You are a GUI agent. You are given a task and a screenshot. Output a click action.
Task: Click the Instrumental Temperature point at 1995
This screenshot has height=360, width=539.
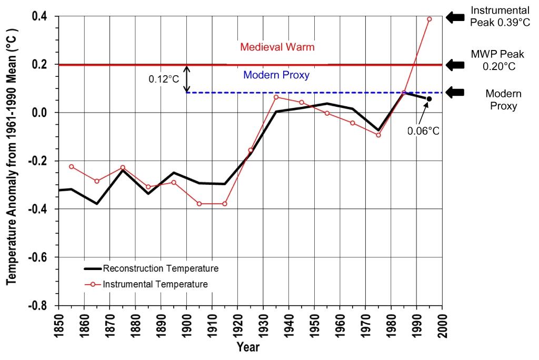pos(429,19)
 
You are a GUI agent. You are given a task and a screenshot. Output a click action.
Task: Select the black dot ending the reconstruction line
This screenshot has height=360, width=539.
pos(429,98)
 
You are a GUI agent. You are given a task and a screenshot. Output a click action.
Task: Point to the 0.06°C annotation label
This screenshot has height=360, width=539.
pos(423,131)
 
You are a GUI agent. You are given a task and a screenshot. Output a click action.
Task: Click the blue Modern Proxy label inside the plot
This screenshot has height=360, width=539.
pos(276,75)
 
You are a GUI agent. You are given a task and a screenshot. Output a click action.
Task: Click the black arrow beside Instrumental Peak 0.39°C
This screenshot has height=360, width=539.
pos(455,17)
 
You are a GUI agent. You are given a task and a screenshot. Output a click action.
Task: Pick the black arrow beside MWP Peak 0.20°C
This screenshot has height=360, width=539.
pos(455,65)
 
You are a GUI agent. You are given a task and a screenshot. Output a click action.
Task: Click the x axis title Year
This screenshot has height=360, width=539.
pos(248,348)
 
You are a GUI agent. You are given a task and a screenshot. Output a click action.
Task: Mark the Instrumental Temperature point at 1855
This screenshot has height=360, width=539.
pos(71,167)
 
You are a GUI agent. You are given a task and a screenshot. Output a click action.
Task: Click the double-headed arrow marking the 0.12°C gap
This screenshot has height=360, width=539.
pos(186,79)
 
